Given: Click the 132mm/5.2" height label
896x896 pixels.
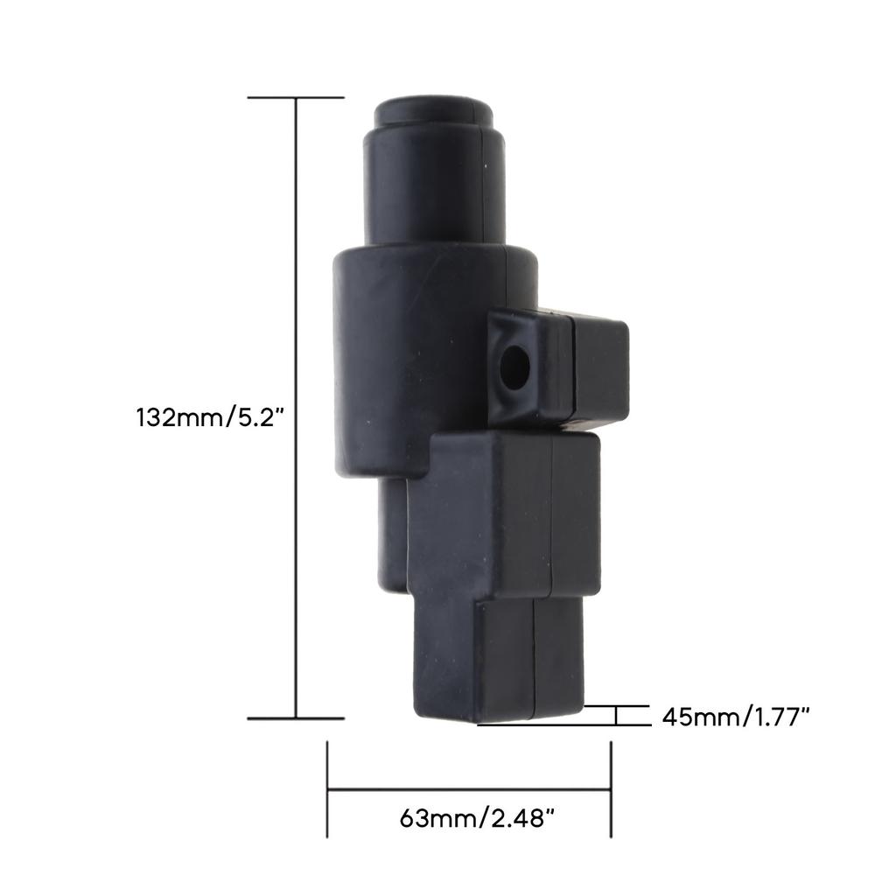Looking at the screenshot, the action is click(x=210, y=417).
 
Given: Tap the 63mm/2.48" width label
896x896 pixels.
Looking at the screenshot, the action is click(x=477, y=818).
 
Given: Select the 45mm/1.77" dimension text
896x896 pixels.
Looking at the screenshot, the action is click(x=736, y=717).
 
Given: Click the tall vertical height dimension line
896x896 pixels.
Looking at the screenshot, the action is click(x=296, y=408).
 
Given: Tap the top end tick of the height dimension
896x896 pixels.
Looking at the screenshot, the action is click(x=296, y=98).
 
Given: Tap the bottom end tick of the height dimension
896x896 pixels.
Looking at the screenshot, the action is click(x=296, y=718).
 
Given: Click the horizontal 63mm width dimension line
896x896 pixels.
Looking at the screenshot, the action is click(x=469, y=790).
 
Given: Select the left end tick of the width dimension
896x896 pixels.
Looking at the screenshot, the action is click(x=327, y=790).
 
